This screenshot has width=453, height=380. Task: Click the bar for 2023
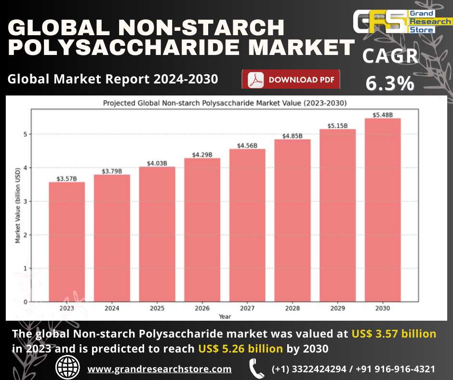coord(67,242)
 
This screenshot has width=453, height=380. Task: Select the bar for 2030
coord(383,210)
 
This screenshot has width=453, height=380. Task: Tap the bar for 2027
coord(247,226)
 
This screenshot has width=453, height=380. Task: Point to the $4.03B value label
coord(157,163)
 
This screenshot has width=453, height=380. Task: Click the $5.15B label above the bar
coord(337,125)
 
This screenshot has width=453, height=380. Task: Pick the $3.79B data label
coord(112,171)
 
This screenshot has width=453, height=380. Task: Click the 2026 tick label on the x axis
coord(202,308)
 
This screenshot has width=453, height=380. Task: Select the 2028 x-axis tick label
coord(292,308)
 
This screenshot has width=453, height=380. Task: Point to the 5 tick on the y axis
coord(25,134)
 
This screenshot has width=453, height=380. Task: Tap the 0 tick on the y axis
coord(25,302)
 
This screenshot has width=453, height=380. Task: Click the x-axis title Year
coord(225,316)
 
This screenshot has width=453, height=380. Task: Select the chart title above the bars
coord(225,103)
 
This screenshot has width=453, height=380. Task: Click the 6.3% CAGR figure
coord(390,83)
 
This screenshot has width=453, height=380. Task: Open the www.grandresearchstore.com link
coord(160,369)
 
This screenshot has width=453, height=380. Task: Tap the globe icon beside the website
coord(68,368)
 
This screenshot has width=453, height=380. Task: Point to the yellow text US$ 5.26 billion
coord(240,348)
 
